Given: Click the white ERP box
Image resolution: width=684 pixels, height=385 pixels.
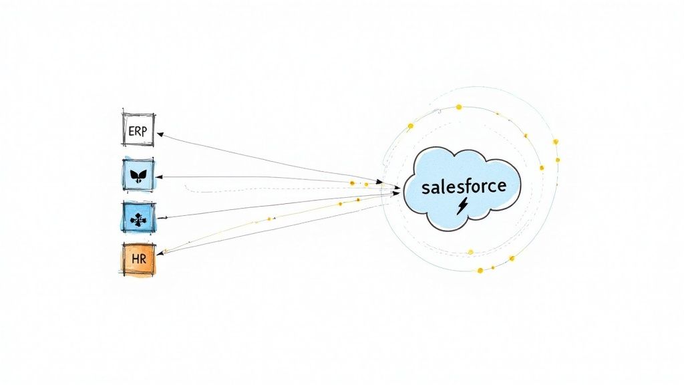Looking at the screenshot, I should coord(138,129).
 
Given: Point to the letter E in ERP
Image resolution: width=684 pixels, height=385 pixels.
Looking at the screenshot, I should coord(130,131).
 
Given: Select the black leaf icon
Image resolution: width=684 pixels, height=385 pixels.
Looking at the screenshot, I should coord(138,177).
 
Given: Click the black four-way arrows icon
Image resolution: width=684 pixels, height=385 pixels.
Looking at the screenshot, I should coord(138,217).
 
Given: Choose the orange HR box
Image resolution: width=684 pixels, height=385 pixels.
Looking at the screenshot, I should coord(138,259).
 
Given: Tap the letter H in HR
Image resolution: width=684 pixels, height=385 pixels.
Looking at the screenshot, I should coord(134,259).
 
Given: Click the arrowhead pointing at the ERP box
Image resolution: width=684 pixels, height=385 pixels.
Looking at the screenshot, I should coord(160,134).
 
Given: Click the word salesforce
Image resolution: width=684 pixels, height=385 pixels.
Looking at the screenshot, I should coord(464,186).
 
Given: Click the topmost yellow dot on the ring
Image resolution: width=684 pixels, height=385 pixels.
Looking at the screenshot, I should coord(459,106).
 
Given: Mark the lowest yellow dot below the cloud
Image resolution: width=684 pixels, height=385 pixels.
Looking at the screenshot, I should coord(480,270).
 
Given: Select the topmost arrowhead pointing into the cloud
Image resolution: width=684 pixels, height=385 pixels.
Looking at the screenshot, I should coord(379,181).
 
